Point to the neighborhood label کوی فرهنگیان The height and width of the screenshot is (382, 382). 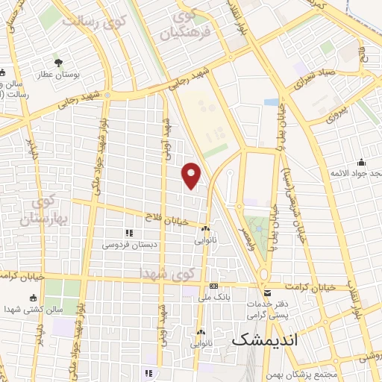(x=190, y=25)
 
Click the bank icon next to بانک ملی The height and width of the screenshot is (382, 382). (x=214, y=286)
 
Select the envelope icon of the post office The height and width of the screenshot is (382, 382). (x=267, y=293)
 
